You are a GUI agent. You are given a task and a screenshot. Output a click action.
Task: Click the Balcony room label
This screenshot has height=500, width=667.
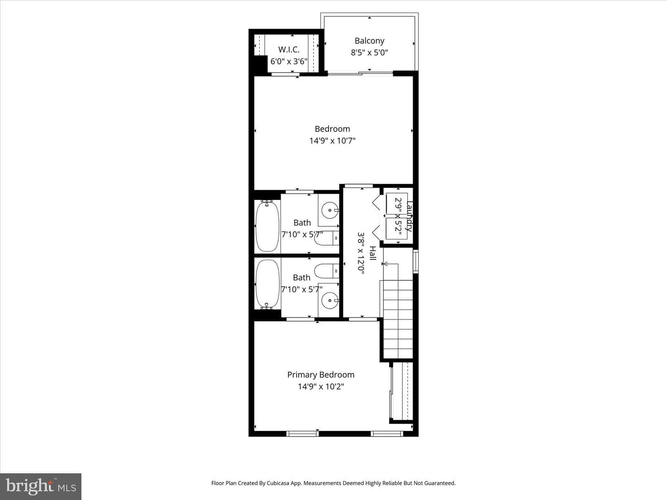[369, 41]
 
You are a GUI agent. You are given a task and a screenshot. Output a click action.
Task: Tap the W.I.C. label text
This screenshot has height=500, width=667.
[289, 50]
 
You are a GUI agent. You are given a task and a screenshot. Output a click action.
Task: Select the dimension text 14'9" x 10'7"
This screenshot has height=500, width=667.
[332, 141]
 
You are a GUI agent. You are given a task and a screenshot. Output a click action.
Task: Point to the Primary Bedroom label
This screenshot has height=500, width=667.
[321, 375]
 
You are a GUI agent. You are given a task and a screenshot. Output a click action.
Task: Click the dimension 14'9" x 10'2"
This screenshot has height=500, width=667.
[321, 387]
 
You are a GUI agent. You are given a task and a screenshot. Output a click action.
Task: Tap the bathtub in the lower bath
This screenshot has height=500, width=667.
[267, 284]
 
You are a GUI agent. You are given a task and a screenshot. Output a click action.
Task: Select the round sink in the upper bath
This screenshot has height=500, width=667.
[330, 210]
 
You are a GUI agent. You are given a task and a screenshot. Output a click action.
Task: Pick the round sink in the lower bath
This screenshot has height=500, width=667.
[330, 300]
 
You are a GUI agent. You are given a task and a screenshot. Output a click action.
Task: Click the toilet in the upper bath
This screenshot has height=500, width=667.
[327, 238]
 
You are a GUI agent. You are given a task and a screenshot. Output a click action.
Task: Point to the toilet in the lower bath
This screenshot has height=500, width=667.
[327, 271]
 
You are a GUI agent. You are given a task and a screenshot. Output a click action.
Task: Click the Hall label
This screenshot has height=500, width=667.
[373, 253]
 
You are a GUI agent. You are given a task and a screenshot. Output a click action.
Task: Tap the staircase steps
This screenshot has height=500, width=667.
[398, 319]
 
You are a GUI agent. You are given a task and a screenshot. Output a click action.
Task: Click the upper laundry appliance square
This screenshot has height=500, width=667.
[396, 203]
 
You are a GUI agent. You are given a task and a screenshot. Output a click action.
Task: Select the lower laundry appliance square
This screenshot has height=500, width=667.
[396, 229]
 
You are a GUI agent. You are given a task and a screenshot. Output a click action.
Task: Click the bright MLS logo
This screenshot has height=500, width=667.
[40, 487]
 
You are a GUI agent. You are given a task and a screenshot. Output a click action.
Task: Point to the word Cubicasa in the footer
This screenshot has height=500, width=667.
[278, 483]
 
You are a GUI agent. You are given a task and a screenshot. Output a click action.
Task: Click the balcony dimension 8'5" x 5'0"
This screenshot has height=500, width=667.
[369, 52]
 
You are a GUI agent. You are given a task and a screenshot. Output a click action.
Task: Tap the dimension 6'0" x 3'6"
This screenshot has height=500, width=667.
[289, 61]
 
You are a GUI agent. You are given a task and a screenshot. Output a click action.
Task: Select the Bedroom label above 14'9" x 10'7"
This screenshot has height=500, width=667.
[332, 129]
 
